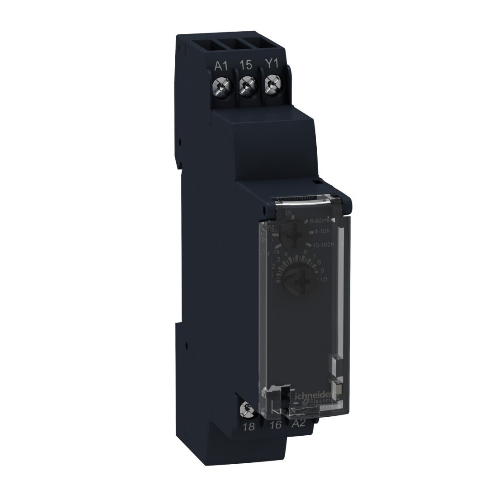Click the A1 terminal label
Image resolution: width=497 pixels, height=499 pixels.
pyautogui.click(x=221, y=66)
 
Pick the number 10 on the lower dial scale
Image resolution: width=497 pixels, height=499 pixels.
pyautogui.click(x=323, y=280)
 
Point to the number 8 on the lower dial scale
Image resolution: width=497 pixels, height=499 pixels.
pyautogui.click(x=319, y=262)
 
